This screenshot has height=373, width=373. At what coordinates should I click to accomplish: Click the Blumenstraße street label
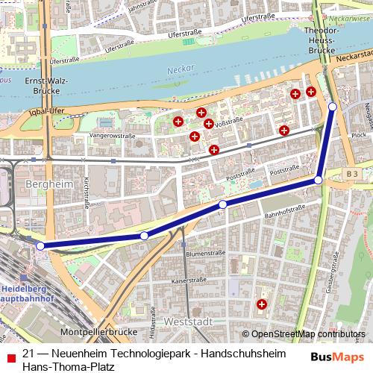(x=205, y=254)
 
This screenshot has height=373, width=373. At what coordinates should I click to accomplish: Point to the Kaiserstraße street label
(x=189, y=281)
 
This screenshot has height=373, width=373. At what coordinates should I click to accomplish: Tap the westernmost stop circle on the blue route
(x=40, y=245)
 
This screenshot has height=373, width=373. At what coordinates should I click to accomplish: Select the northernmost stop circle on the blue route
(x=332, y=107)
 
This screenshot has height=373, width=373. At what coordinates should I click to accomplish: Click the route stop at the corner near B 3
(x=319, y=180)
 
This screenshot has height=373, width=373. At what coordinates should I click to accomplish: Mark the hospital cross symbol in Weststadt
(x=261, y=304)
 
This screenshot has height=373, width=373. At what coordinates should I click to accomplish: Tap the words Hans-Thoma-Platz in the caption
(x=68, y=366)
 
